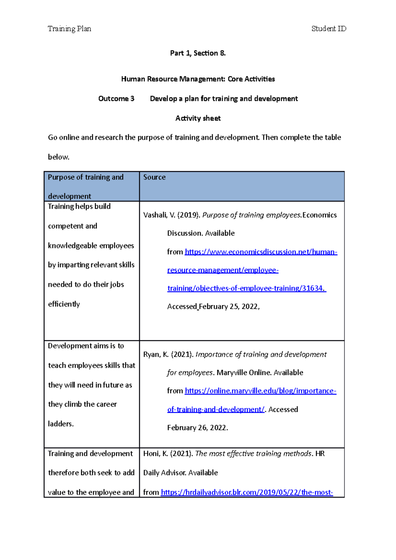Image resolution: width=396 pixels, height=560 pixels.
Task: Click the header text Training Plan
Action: pos(69,29)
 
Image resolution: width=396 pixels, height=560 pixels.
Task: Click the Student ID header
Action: pos(329,29)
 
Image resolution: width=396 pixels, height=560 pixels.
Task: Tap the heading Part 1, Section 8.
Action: pos(198,53)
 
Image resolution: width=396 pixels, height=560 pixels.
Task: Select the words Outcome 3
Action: pos(116,99)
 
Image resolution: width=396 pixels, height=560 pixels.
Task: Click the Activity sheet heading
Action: pos(198,118)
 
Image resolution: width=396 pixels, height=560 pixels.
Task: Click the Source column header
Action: pos(154,177)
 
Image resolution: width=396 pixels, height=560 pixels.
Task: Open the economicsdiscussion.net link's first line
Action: pos(261,252)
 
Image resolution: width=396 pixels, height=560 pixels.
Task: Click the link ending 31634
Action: pos(246,289)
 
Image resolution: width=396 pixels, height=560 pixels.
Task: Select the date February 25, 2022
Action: pos(229,307)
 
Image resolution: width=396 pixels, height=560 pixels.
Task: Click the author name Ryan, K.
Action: pos(156,355)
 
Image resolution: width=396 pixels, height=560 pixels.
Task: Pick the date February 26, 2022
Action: pos(197,428)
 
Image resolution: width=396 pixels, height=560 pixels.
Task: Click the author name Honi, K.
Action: pos(155,454)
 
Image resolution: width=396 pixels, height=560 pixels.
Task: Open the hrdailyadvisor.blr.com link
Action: pos(247,492)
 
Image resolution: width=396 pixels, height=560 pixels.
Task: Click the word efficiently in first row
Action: pos(64,304)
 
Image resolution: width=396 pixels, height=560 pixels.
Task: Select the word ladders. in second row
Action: pos(61,424)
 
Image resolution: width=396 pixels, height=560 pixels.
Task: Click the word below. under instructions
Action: pos(58,157)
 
